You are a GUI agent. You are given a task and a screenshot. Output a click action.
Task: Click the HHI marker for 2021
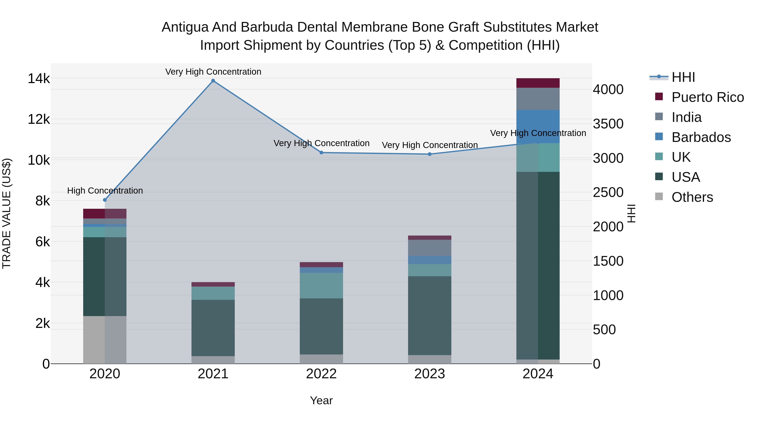(x=213, y=81)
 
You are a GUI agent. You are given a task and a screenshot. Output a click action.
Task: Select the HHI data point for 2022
(x=321, y=153)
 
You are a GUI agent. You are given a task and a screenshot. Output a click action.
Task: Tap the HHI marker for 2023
(x=430, y=154)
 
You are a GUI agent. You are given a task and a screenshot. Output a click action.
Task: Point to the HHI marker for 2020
(x=105, y=200)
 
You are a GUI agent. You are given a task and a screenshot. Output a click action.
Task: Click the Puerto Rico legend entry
(x=707, y=97)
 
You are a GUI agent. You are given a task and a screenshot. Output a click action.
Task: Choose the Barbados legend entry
(x=701, y=137)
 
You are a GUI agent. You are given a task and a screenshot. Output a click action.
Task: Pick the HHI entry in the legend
(x=683, y=77)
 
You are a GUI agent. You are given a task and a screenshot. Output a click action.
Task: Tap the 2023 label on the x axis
(x=430, y=374)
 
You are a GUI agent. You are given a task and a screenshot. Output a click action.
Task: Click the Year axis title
(x=321, y=400)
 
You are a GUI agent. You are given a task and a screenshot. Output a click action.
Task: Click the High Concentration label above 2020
(x=105, y=191)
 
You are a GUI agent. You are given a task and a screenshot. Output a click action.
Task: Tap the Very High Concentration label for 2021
(x=213, y=72)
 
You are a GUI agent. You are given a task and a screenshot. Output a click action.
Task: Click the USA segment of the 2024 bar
(x=538, y=265)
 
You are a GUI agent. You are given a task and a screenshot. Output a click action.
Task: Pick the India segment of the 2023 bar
(x=430, y=248)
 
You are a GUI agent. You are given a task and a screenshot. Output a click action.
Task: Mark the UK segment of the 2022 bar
(x=321, y=286)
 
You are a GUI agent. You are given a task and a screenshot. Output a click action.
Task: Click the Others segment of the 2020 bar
(x=105, y=340)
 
